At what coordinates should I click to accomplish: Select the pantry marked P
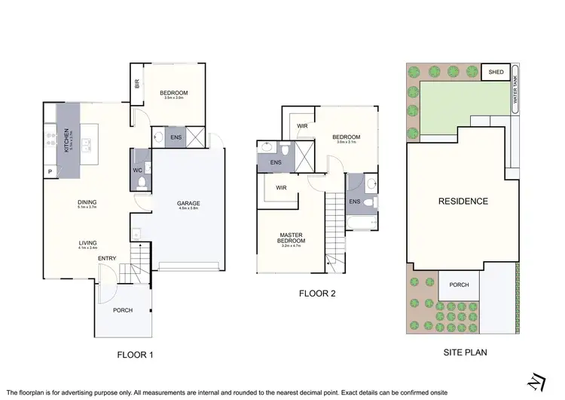point(50,172)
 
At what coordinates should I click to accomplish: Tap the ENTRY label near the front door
point(107,259)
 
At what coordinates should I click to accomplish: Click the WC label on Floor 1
point(137,171)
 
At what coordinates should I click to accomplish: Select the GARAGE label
point(188,204)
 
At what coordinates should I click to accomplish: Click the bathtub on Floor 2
point(362,223)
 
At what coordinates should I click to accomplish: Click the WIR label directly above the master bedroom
point(280,187)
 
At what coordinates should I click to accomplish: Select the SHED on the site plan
point(495,72)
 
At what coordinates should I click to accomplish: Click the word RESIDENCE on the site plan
point(463,201)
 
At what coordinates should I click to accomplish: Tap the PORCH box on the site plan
point(459,285)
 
